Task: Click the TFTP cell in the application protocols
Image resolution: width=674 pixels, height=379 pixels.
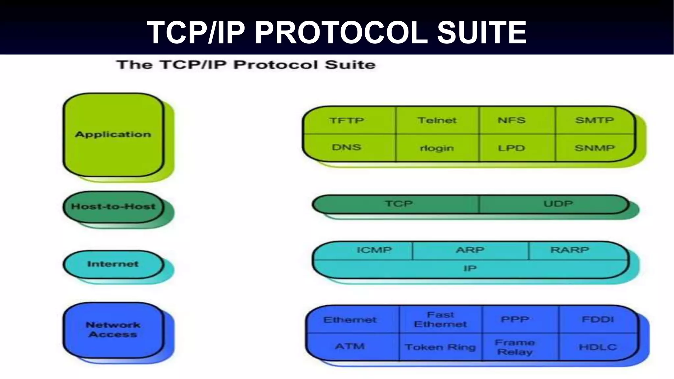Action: click(347, 120)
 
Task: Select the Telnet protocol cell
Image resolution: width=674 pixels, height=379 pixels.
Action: click(437, 120)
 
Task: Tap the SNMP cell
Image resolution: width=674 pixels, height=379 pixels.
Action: click(594, 148)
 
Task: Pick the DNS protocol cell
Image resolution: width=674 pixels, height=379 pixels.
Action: click(347, 147)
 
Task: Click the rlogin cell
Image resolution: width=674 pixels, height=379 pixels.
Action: click(437, 148)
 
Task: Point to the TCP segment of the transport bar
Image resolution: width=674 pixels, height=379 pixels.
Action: click(399, 204)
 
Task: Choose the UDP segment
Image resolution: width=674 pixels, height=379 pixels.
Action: click(558, 204)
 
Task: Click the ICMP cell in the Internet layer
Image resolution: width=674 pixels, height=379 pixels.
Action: click(374, 250)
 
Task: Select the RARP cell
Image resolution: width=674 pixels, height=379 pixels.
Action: click(570, 250)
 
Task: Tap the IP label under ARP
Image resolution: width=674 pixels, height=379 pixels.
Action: click(470, 268)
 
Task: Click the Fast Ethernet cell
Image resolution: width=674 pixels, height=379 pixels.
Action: click(440, 319)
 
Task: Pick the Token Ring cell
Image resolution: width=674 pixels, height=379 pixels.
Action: click(440, 347)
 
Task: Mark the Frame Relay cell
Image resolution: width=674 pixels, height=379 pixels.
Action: click(515, 347)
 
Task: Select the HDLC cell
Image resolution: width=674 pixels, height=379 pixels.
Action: click(598, 347)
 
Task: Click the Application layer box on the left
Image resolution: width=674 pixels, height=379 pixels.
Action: click(113, 135)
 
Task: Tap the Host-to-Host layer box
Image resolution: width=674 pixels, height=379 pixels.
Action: click(113, 207)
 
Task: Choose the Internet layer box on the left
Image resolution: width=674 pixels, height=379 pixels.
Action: click(113, 264)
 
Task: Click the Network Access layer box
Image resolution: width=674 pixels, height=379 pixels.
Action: click(113, 330)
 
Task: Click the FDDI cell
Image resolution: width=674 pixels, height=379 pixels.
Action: click(598, 319)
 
